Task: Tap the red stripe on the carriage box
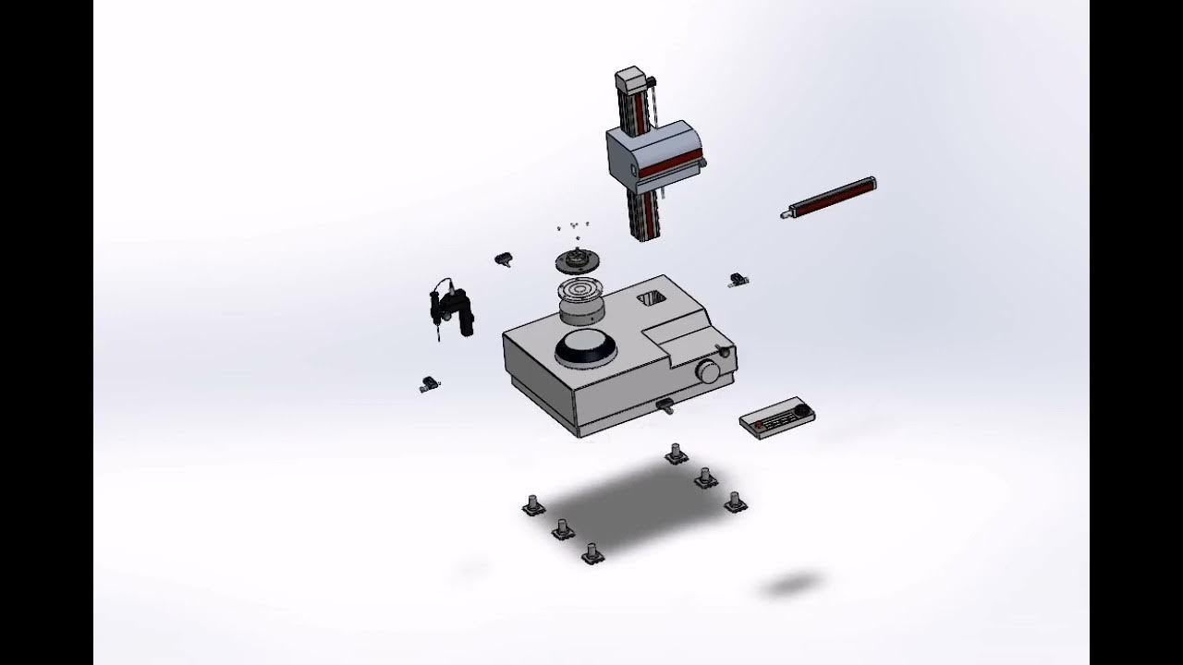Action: [670, 166]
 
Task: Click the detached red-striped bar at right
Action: [830, 198]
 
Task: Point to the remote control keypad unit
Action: [776, 417]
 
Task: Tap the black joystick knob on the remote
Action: [802, 409]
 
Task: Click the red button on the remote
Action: [760, 424]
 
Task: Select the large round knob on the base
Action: [709, 372]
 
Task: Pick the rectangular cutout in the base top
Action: [652, 298]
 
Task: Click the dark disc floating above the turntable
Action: [578, 261]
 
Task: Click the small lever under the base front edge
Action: [664, 405]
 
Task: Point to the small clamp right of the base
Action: [738, 279]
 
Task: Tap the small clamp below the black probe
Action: [429, 383]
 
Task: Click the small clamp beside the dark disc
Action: [504, 260]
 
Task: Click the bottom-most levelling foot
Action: [592, 554]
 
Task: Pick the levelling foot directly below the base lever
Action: [676, 453]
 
